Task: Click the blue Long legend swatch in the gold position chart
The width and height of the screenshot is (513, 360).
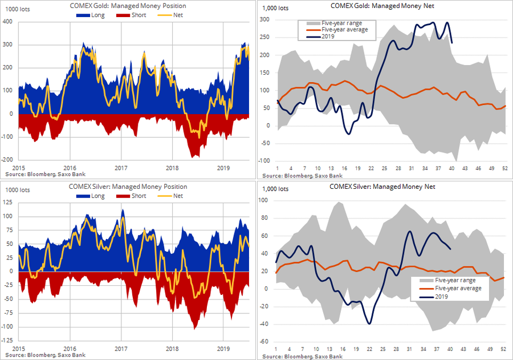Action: pyautogui.click(x=86, y=14)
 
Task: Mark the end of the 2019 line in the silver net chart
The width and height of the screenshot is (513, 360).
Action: pyautogui.click(x=450, y=249)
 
